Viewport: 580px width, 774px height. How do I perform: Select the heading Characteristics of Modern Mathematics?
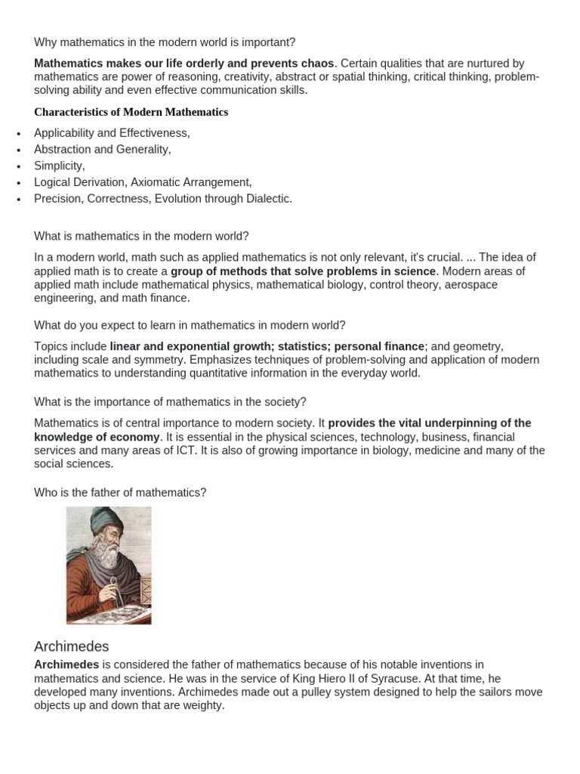pos(131,112)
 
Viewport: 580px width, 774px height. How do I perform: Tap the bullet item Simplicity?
pos(59,166)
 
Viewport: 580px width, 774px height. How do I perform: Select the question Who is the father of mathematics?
pos(120,493)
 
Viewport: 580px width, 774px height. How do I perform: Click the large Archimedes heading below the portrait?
pos(72,647)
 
